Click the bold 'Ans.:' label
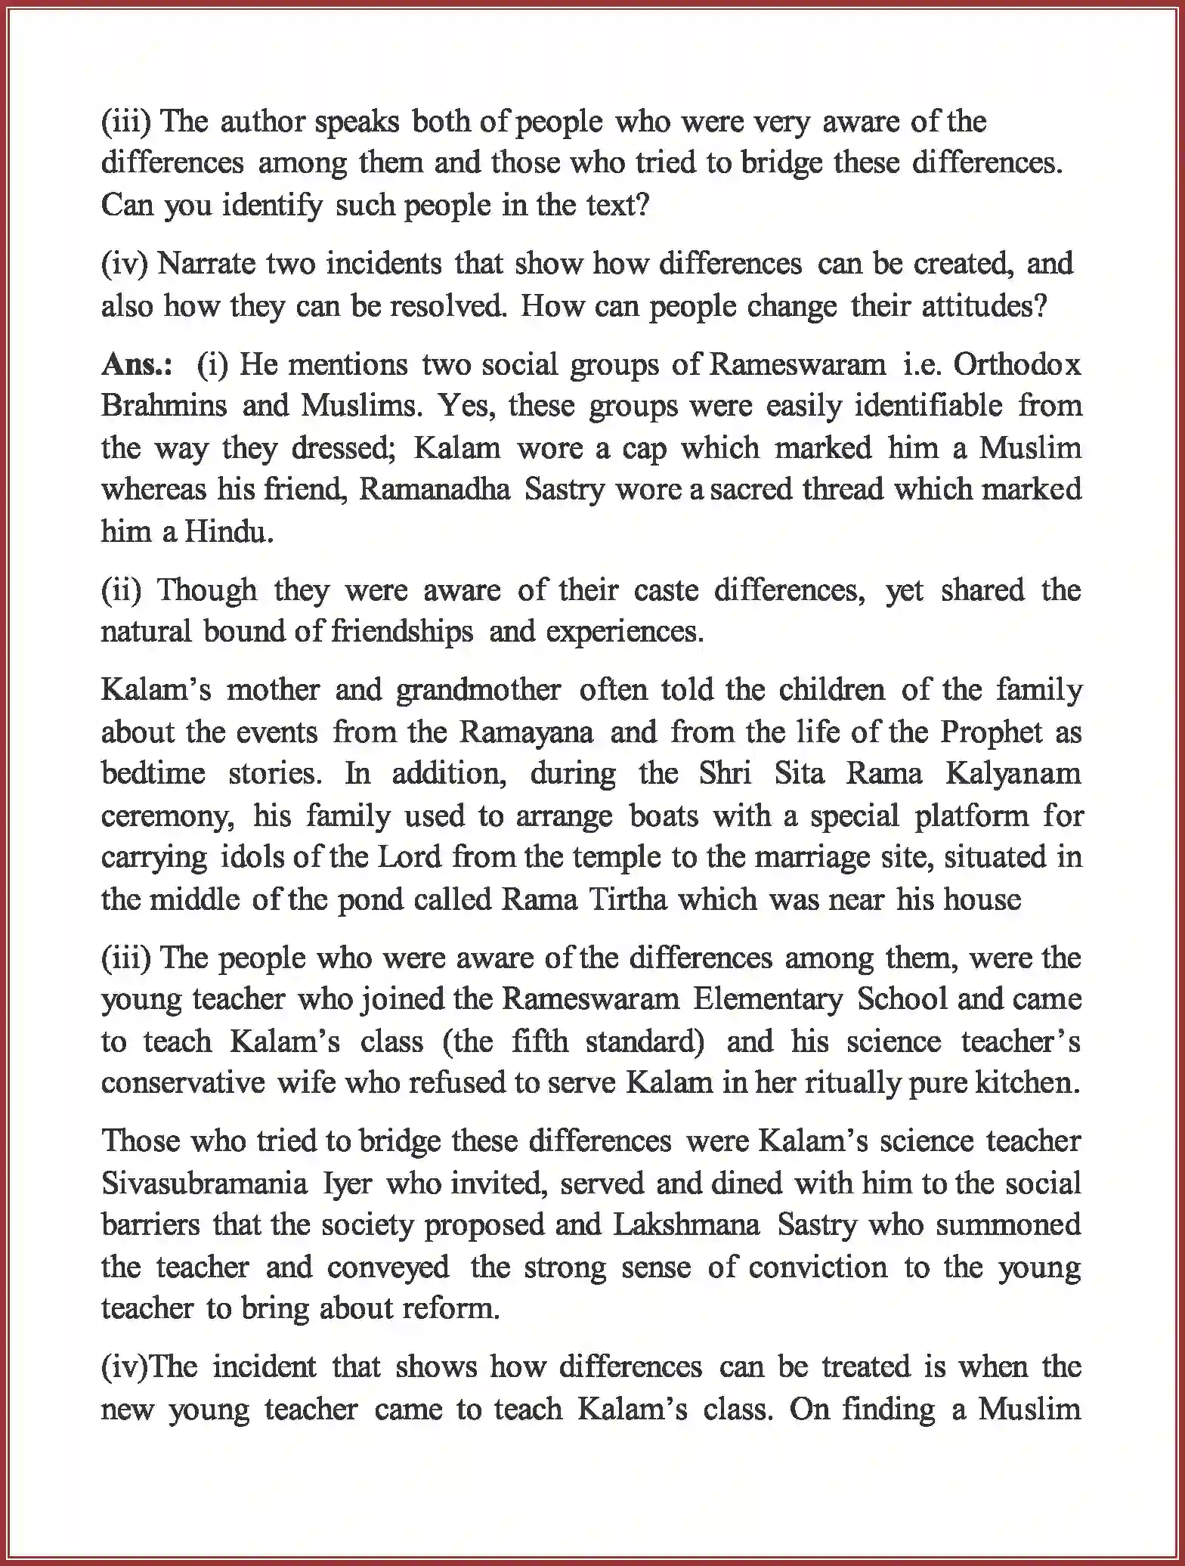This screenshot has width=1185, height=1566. (x=136, y=365)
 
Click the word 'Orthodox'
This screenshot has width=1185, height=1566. (x=1016, y=365)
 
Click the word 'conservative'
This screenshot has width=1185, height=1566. (x=183, y=1083)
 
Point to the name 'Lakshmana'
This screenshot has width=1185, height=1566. (x=686, y=1224)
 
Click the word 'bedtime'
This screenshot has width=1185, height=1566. (x=153, y=773)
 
